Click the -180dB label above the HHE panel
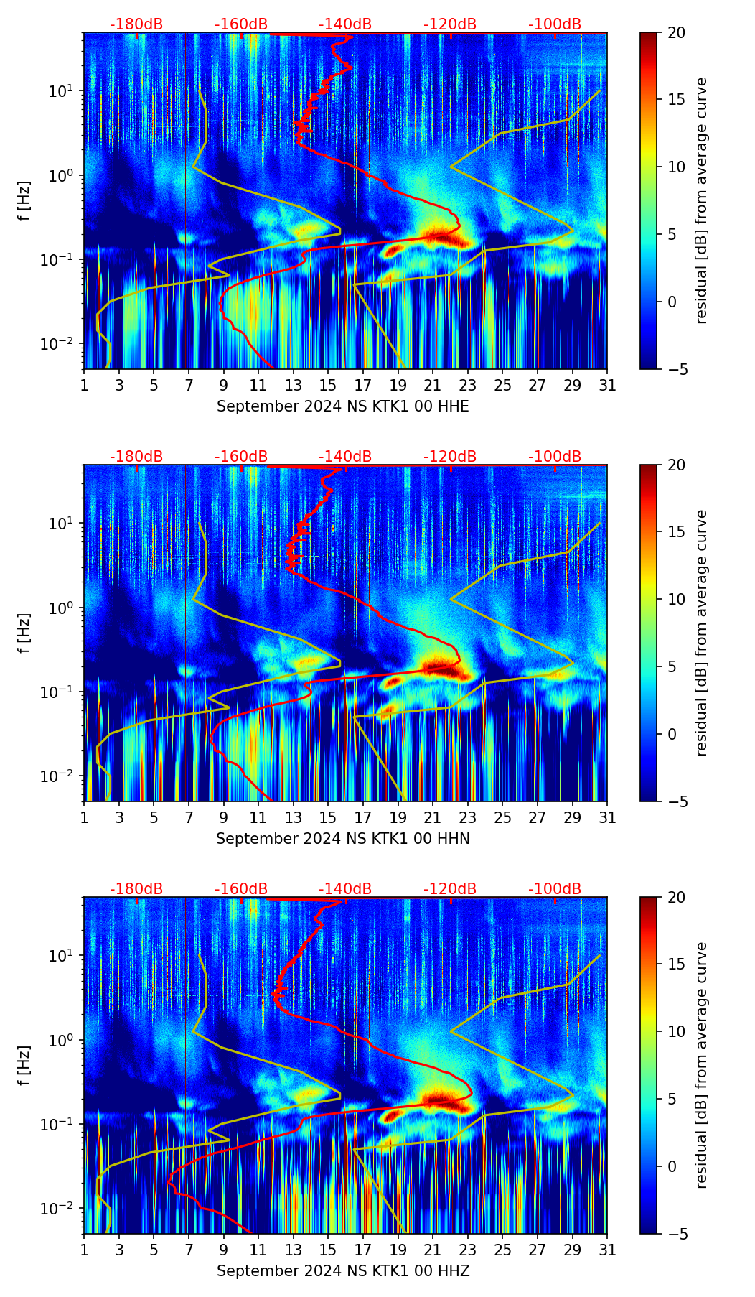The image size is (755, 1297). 136,24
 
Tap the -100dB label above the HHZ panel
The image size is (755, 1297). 555,889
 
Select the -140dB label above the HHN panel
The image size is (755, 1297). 345,457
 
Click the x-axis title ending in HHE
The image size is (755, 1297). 343,406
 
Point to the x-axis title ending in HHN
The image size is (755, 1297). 343,839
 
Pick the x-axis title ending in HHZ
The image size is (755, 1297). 343,1271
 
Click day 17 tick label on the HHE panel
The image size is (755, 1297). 363,385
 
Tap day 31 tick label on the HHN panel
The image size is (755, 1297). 607,817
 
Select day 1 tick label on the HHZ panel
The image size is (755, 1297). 84,1250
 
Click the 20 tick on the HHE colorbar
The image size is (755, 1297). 677,32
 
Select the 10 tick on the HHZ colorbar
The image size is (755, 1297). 677,1032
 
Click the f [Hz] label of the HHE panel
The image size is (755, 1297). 24,200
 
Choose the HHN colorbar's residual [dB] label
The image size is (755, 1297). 701,633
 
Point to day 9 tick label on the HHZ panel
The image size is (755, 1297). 224,1250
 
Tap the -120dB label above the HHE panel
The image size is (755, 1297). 450,24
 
